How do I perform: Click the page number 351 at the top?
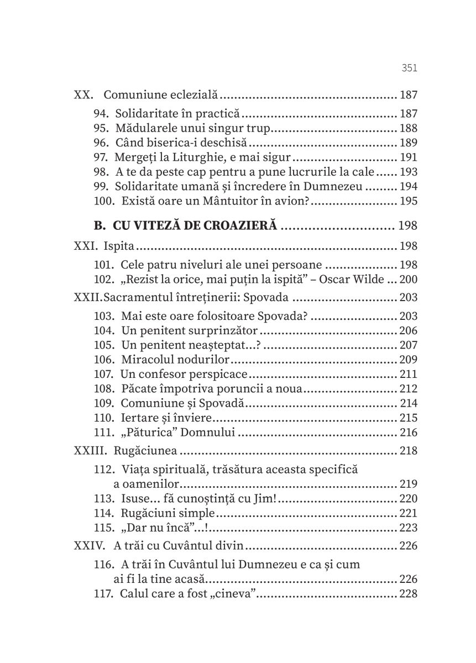(409, 69)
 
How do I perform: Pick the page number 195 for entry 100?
(408, 201)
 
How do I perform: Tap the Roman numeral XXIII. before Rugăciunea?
(90, 451)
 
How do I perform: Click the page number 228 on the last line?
(408, 594)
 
